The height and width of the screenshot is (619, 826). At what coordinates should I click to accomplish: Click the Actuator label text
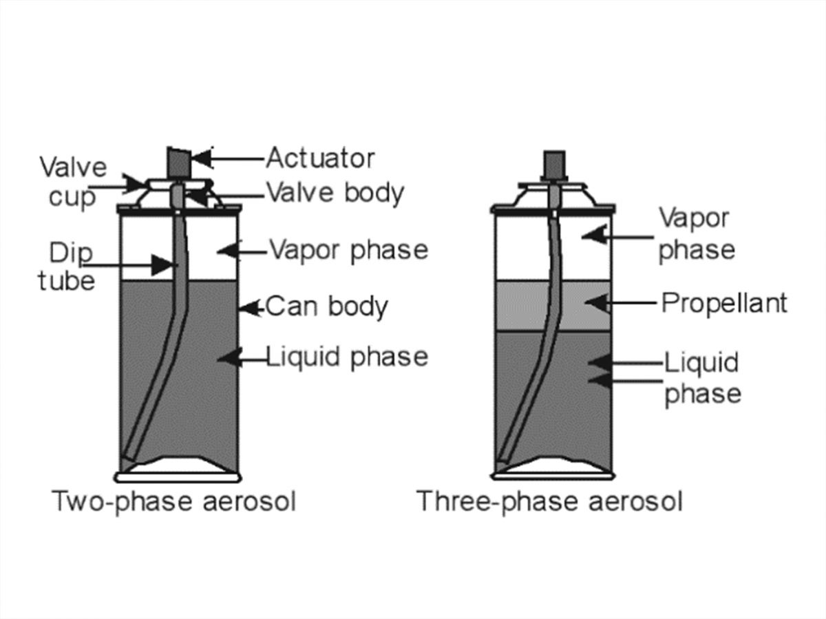tap(320, 158)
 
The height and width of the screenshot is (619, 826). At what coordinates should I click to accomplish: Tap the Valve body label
tap(335, 193)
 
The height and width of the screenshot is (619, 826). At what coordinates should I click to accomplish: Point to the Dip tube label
tap(67, 266)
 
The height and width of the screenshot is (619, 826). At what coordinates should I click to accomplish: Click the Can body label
tap(327, 306)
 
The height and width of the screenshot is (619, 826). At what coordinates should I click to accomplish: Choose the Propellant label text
tap(724, 303)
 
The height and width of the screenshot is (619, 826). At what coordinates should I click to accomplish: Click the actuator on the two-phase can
tap(179, 162)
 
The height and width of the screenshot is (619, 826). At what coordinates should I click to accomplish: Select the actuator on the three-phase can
tap(554, 164)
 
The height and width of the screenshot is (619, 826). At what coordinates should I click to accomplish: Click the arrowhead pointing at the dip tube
tap(162, 265)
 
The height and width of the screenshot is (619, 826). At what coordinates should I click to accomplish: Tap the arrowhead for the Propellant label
tap(598, 303)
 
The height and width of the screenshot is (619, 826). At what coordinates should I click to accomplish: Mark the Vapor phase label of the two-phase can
tap(349, 250)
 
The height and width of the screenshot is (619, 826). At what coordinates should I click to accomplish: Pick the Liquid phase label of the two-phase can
tap(347, 357)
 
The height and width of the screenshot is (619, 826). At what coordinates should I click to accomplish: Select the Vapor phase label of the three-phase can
tap(696, 234)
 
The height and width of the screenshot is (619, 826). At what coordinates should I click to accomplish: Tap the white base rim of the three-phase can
tap(553, 476)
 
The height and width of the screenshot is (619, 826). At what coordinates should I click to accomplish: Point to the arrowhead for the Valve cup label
tap(134, 185)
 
